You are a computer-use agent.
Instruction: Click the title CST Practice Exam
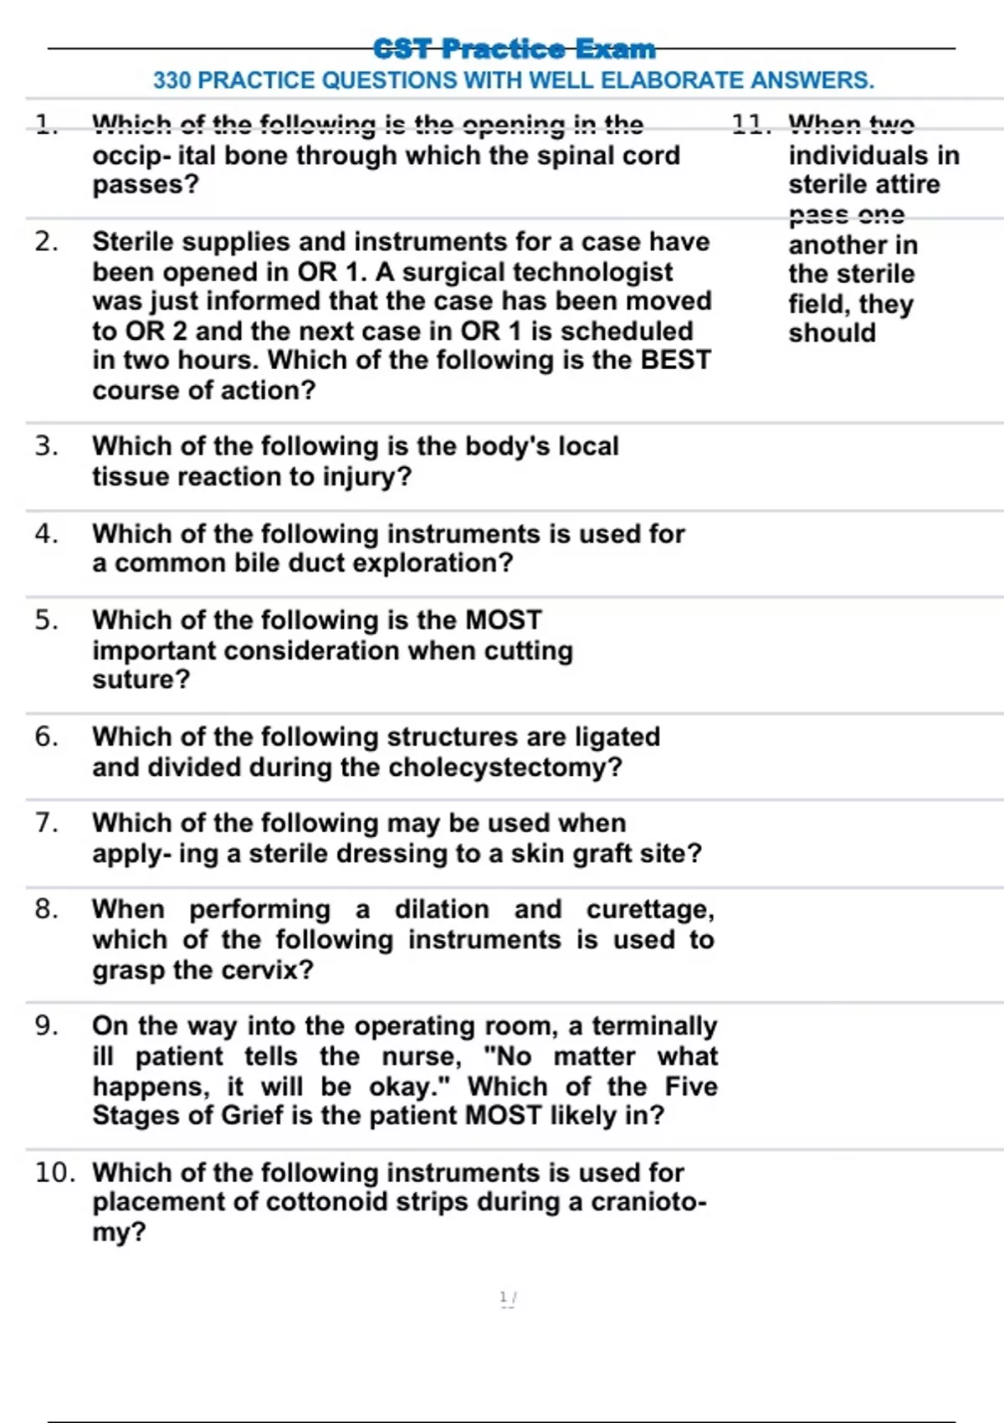point(514,49)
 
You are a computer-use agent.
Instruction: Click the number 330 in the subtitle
point(172,80)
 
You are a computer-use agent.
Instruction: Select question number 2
point(46,242)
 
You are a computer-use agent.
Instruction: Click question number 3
point(46,446)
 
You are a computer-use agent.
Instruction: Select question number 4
point(46,533)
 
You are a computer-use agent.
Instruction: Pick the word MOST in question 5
point(503,620)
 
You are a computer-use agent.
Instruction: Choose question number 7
point(46,823)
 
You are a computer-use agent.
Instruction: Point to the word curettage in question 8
point(649,910)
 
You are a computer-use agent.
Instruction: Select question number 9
point(46,1025)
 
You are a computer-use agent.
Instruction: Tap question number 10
point(54,1172)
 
